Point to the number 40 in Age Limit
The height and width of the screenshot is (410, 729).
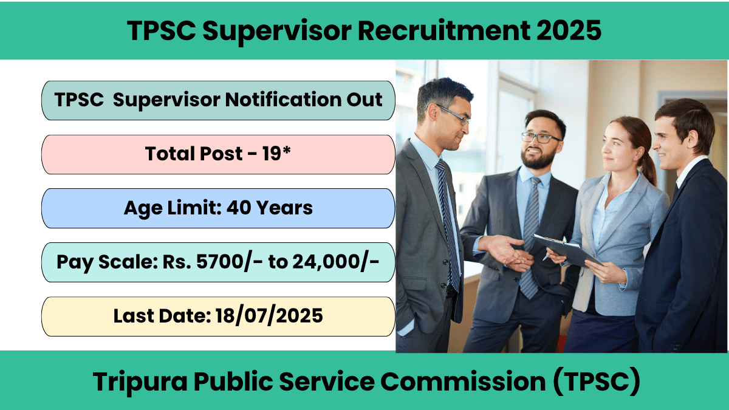(x=238, y=208)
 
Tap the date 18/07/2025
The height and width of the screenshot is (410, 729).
(x=269, y=316)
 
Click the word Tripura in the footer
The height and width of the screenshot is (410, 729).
(x=140, y=381)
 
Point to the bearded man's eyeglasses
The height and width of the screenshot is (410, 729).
(x=540, y=138)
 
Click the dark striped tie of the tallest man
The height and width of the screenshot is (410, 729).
(x=448, y=225)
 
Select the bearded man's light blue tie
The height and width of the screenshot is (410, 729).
(x=530, y=237)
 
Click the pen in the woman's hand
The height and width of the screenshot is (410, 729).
(x=547, y=256)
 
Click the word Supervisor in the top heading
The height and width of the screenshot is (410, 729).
(x=276, y=30)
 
